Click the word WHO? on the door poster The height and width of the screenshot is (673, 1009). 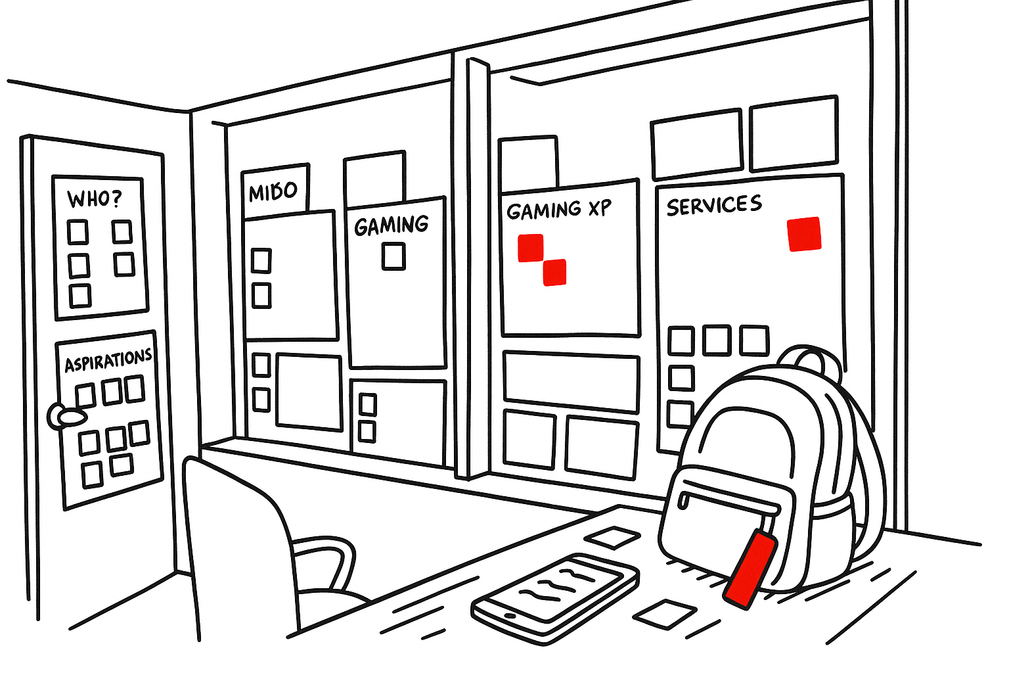point(94,198)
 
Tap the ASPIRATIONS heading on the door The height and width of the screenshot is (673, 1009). point(108,360)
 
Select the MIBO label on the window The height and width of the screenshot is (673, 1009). point(273,193)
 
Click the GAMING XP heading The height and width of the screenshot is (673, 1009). point(559,210)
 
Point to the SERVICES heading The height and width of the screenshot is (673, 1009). point(714,205)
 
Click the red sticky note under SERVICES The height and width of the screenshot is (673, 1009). point(804,234)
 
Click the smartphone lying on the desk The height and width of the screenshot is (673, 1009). point(555,595)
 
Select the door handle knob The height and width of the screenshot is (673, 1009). point(66,416)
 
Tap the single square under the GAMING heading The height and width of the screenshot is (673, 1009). point(393,256)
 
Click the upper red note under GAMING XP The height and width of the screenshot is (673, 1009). point(531,248)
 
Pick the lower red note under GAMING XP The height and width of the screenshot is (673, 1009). point(555,272)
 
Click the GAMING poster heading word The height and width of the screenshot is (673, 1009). point(392,225)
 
